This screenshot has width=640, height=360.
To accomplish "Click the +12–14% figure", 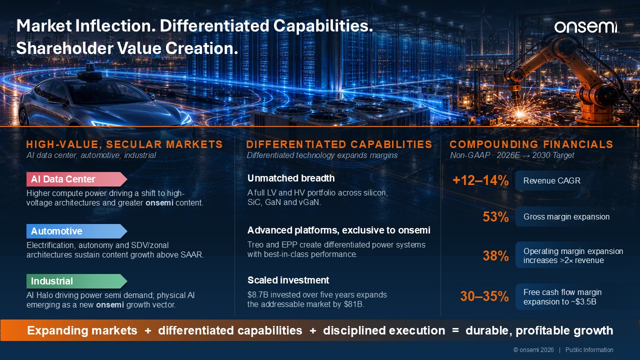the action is point(480,180).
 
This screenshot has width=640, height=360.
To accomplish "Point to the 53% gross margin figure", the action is point(495,217).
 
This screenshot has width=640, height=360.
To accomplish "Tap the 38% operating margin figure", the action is point(495,255).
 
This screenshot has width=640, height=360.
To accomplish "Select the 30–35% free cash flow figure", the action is point(484,296).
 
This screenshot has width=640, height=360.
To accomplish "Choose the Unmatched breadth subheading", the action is point(291,178).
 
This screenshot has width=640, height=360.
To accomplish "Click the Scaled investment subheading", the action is point(288,280).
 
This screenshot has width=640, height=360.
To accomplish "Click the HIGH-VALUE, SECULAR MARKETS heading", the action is point(124,144).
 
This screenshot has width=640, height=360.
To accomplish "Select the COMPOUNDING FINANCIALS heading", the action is point(531,144).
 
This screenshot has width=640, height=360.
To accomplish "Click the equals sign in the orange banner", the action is point(455,330).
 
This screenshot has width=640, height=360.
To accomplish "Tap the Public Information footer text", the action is point(589,350).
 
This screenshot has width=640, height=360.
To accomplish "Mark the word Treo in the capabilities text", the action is point(254,245).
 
